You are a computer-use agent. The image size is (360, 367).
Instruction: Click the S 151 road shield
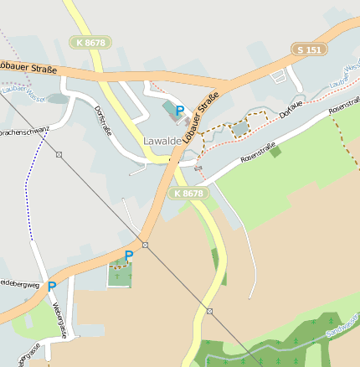(308, 49)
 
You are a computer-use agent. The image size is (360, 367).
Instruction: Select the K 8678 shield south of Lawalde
(189, 194)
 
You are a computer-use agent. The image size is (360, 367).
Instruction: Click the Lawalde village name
(162, 142)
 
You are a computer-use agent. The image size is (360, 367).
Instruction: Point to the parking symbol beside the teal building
(180, 110)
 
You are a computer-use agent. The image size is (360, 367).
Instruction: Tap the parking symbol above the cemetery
(128, 255)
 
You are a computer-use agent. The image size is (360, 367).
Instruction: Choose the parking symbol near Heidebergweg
(52, 287)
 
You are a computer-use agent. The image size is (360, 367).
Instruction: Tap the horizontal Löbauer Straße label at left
(27, 66)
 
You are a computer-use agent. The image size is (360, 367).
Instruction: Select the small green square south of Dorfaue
(275, 152)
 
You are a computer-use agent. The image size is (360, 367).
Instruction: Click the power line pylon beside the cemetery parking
(145, 245)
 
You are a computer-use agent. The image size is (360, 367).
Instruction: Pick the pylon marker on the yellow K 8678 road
(209, 311)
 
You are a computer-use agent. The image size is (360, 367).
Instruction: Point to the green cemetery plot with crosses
(121, 274)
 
